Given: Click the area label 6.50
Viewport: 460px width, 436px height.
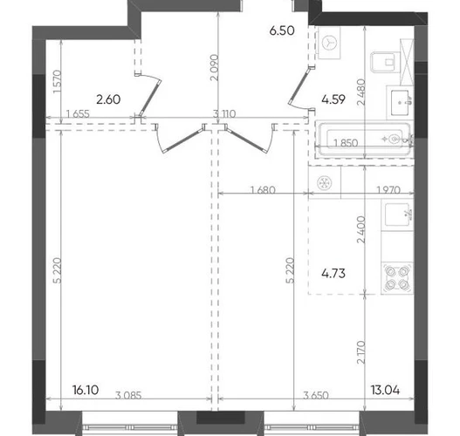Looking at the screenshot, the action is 282,31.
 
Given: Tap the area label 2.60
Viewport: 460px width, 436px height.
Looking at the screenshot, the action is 108,99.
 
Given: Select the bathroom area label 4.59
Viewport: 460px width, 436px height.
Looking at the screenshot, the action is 333,99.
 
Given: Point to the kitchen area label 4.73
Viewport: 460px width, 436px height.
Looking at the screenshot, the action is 333,274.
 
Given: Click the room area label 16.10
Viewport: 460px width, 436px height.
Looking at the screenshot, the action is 86,390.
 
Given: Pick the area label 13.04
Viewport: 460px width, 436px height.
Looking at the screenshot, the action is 385,390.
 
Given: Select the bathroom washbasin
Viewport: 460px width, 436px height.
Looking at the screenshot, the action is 401,103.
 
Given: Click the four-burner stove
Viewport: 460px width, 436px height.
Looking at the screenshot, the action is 397,277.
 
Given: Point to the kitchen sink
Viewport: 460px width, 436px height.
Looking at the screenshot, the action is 397,215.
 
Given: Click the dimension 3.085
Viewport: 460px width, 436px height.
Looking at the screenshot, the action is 128,395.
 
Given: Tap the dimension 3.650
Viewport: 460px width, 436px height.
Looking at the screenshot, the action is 316,395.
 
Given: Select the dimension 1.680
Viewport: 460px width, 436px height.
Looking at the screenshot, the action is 263,190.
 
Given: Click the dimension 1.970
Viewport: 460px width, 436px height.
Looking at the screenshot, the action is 388,190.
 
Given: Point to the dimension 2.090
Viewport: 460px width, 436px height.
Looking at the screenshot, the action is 215,67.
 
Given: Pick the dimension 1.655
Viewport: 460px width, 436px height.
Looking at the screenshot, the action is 78,113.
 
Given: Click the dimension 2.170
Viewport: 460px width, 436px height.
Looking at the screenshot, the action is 361,352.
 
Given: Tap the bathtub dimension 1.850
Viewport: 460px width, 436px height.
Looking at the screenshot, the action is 346,143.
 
